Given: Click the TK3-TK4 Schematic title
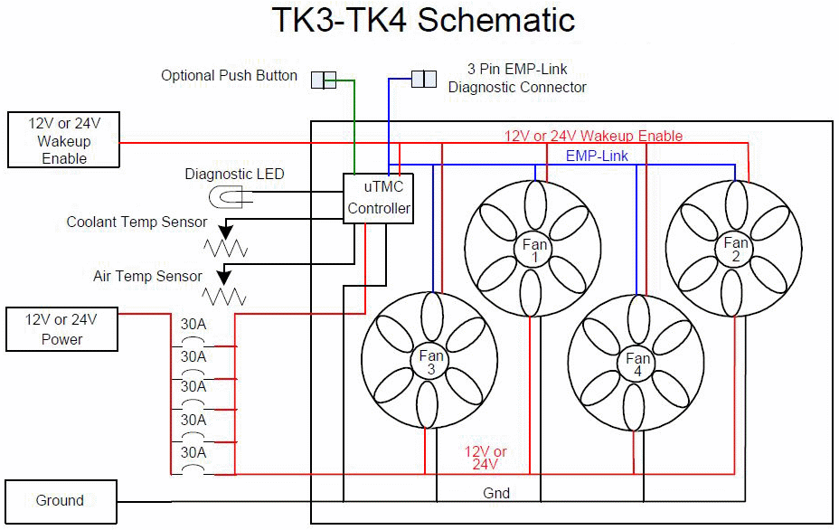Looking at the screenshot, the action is tap(423, 20).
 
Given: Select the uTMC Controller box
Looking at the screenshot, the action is tap(378, 198).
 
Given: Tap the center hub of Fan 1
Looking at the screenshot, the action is tap(534, 250).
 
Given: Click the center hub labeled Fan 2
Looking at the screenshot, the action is tap(735, 249).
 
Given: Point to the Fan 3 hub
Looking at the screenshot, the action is tap(430, 362).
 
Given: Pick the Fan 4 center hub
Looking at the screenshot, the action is tap(637, 364).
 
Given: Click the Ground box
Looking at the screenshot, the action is tap(61, 502).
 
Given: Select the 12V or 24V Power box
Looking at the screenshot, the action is tap(61, 329).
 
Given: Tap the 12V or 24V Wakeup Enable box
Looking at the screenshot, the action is tap(63, 139).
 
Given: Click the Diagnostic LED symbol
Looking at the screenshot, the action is tap(226, 197).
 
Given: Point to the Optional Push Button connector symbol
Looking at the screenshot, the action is tap(324, 80).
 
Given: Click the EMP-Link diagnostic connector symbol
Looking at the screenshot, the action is tap(424, 79).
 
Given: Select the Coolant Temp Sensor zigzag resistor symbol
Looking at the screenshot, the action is tap(225, 248).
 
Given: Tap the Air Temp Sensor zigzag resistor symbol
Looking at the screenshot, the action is tap(224, 297).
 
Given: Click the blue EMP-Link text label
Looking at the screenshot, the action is tap(597, 156).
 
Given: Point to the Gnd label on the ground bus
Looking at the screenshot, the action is tap(496, 493).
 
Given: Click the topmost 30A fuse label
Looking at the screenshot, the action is tap(193, 325).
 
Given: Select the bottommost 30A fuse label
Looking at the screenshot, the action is tap(193, 453).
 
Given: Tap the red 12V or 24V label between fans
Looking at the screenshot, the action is tap(485, 458).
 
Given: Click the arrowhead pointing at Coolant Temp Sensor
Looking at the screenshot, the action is tap(226, 232).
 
